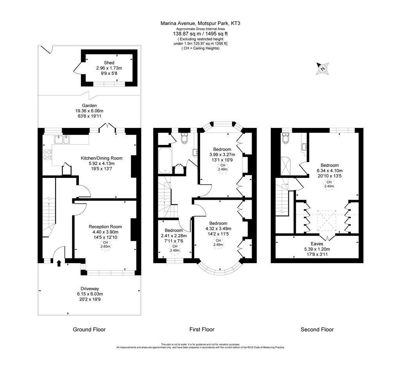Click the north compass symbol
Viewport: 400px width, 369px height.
click(323, 68)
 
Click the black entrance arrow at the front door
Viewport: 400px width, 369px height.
click(59, 263)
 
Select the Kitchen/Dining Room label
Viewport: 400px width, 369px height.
click(102, 158)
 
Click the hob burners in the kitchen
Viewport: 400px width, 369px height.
click(47, 155)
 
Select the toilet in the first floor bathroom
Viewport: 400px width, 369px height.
click(185, 138)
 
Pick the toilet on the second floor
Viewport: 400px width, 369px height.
click(286, 138)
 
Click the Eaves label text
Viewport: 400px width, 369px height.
click(317, 243)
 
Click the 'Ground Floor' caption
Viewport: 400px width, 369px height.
click(89, 330)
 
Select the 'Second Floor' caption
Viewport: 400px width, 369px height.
click(317, 330)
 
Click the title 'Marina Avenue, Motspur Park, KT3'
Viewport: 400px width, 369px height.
click(200, 23)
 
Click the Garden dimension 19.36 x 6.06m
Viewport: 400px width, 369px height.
click(89, 111)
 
